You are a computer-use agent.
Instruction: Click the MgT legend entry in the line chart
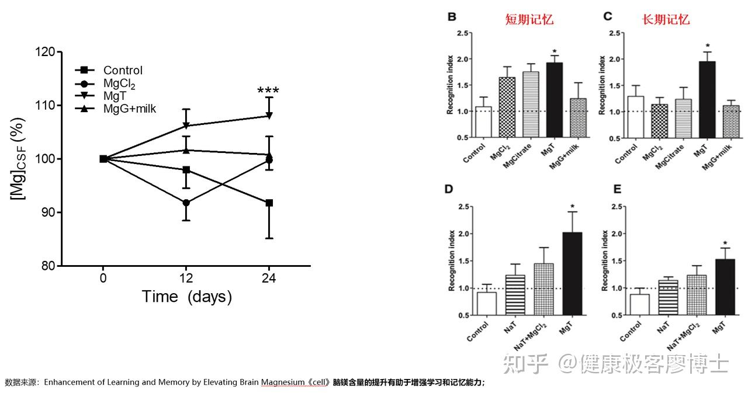(113, 95)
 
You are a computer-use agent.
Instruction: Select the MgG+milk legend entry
(129, 108)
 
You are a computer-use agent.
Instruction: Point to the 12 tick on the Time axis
(186, 277)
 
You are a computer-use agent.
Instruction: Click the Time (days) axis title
(187, 297)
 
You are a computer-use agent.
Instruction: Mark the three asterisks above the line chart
(268, 91)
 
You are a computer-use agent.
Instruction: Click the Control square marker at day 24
(269, 203)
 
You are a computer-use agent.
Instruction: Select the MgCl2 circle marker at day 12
(186, 203)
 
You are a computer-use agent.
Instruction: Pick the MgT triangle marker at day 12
(186, 126)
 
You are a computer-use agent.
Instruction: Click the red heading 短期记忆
(529, 19)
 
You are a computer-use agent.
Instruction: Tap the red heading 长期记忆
(666, 19)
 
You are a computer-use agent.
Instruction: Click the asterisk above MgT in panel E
(725, 244)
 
